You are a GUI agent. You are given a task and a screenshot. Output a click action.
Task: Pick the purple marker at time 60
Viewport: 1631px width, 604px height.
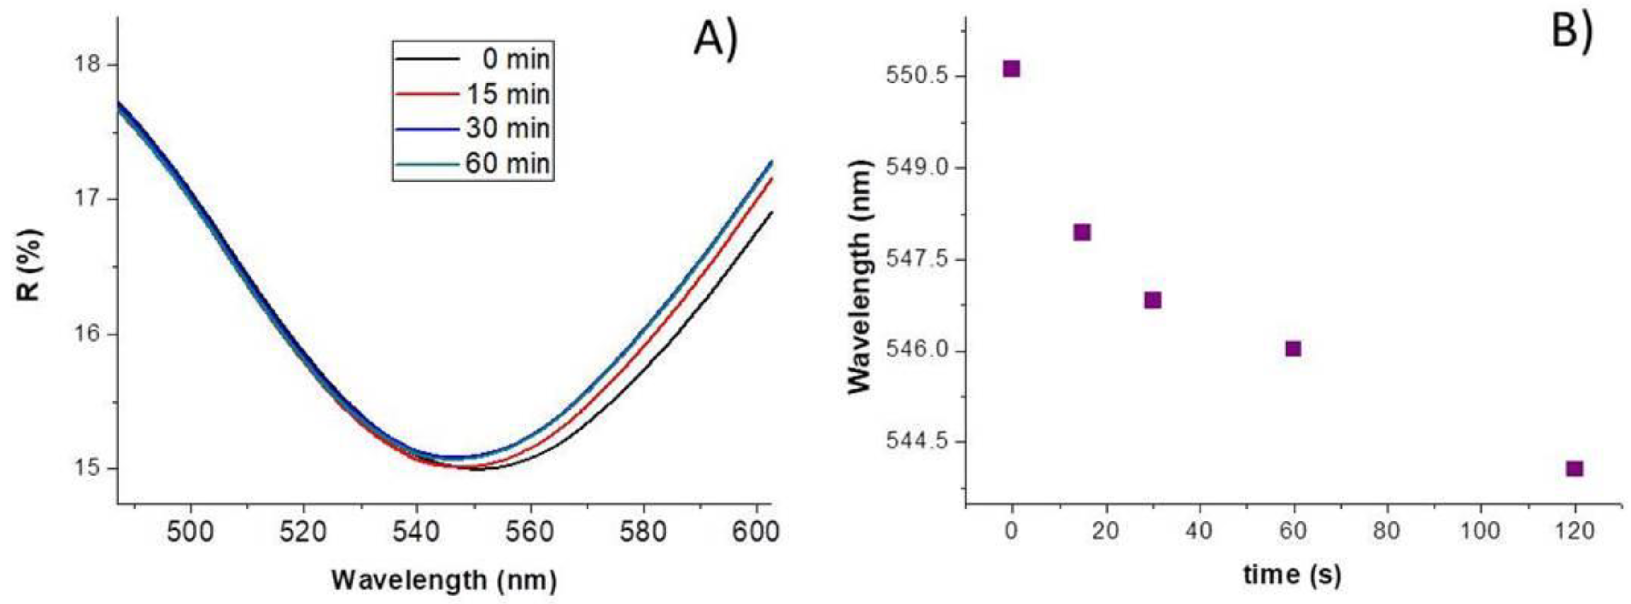click(1293, 348)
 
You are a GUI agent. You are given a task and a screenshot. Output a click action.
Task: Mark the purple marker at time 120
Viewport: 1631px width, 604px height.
click(1575, 468)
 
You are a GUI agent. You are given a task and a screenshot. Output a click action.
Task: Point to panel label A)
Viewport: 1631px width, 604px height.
click(716, 39)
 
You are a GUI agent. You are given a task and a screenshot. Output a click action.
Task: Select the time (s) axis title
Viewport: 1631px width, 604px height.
click(1292, 575)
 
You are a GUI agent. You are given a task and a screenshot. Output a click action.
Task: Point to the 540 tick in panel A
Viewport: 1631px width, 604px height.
click(417, 532)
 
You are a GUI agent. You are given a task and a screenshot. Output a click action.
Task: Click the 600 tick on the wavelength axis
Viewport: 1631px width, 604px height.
click(756, 532)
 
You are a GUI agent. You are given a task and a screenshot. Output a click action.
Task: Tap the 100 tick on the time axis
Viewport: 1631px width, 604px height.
click(1480, 530)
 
